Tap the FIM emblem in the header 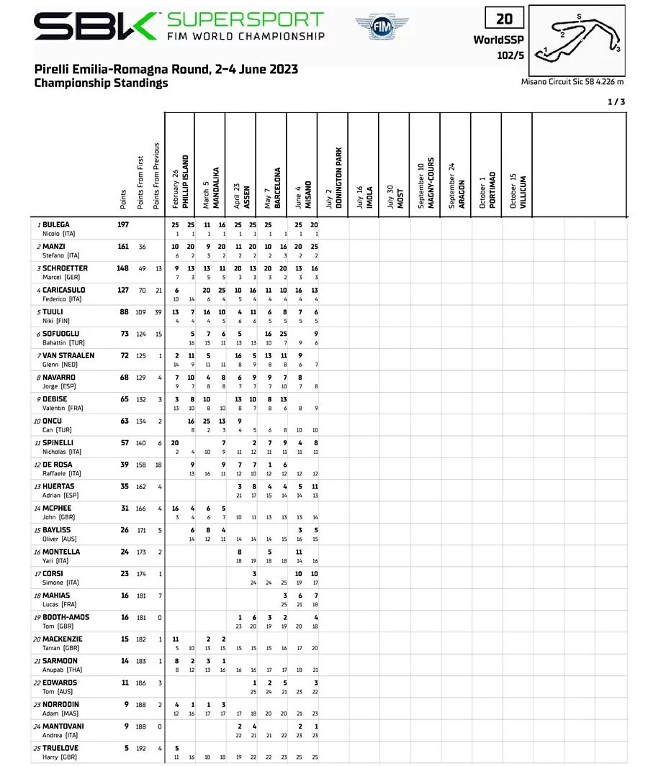pos(382,27)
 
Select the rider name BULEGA pos(56,225)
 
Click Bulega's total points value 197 pos(123,225)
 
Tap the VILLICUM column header pos(523,191)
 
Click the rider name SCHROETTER pos(65,268)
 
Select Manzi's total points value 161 pos(123,247)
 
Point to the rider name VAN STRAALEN pos(68,355)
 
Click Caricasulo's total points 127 pos(123,291)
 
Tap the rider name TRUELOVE pos(60,748)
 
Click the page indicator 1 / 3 pos(616,102)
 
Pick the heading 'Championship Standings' pos(101,83)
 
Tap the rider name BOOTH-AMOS pos(66,617)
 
